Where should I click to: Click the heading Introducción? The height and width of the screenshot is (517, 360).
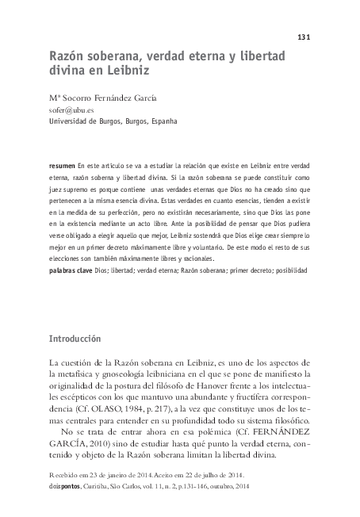75,338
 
